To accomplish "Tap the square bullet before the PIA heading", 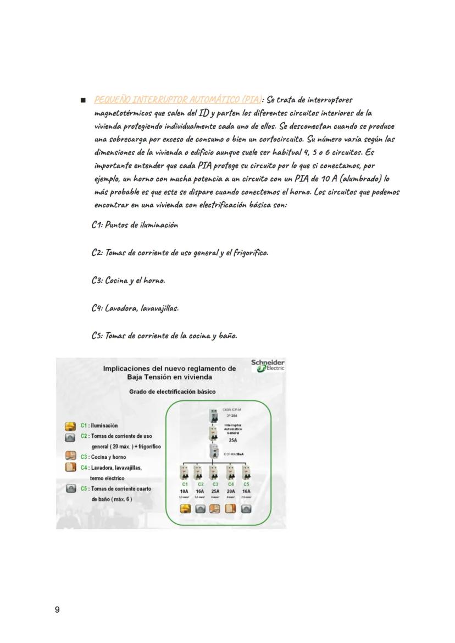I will coord(83,101).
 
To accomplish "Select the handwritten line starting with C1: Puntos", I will coord(135,225).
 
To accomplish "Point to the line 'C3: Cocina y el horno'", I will coord(128,281).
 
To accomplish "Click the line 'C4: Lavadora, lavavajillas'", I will coord(135,308).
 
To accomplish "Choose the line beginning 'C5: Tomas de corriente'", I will coord(164,336).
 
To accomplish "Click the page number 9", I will coord(57,609).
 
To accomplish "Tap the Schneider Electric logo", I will coord(268,366).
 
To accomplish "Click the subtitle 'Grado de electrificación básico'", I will coord(172,392).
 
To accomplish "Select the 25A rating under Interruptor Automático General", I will coord(232,441).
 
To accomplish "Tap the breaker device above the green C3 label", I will coord(215,472).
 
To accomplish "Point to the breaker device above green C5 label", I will coord(246,472).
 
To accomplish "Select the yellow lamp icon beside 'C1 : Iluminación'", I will coord(70,426).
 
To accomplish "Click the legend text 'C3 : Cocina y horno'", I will coord(103,457).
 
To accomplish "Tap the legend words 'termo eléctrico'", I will coord(108,478).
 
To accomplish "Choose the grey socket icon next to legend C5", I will coord(70,488).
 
